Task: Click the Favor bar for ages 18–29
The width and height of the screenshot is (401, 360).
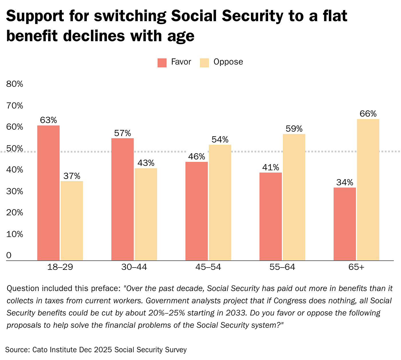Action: pos(48,193)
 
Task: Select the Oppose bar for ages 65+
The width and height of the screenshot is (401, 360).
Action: pos(368,189)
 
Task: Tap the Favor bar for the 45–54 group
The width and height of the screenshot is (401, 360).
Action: pos(196,211)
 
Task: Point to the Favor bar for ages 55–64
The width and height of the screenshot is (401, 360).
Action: pos(271,216)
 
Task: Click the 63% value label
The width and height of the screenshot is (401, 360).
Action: pos(48,120)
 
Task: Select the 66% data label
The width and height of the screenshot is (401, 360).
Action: pos(368,114)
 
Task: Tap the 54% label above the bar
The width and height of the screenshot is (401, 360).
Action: pos(220,140)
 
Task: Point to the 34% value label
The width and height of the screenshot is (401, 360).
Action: pos(345,182)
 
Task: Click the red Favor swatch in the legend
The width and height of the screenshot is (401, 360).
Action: pos(162,63)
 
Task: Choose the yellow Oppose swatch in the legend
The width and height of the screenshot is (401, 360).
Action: pos(204,63)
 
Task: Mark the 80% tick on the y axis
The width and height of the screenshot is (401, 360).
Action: pos(14,84)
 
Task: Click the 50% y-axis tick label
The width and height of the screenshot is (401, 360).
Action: pos(14,149)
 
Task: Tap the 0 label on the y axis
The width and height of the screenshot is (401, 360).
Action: pos(9,255)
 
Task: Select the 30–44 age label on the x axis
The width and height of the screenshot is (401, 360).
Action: pos(134,267)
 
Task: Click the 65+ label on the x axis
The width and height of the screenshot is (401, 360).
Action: pos(356,267)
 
